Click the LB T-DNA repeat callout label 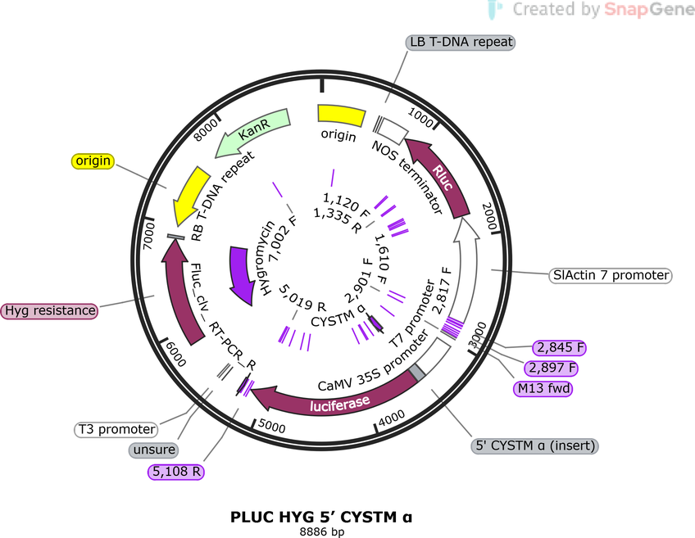pyautogui.click(x=461, y=42)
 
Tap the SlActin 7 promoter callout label pyautogui.click(x=611, y=275)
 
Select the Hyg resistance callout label pyautogui.click(x=50, y=310)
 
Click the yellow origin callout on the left pyautogui.click(x=93, y=160)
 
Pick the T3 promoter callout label pyautogui.click(x=116, y=430)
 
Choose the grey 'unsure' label pyautogui.click(x=154, y=450)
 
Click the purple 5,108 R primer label pyautogui.click(x=176, y=472)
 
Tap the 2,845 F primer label pyautogui.click(x=560, y=347)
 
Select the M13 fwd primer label pyautogui.click(x=543, y=389)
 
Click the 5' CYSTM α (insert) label pyautogui.click(x=534, y=445)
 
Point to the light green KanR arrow pyautogui.click(x=252, y=132)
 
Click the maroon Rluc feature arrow pyautogui.click(x=439, y=176)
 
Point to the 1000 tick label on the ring pyautogui.click(x=420, y=117)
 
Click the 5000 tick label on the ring pyautogui.click(x=272, y=426)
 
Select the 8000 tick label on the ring pyautogui.click(x=207, y=129)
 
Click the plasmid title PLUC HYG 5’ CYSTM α pyautogui.click(x=321, y=518)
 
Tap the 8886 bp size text pyautogui.click(x=322, y=531)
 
